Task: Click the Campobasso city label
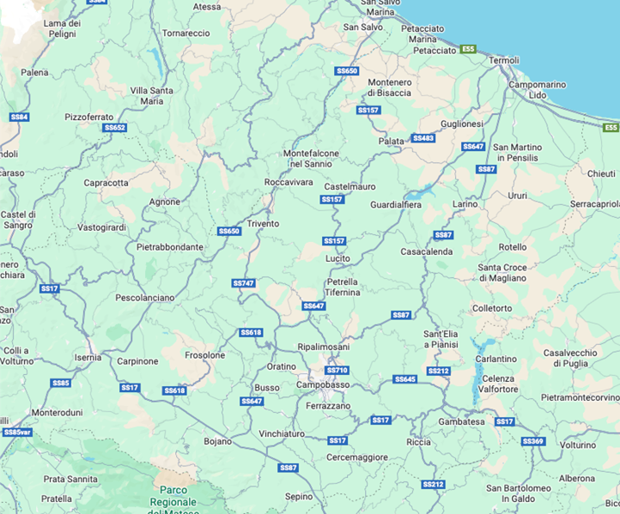[322, 385]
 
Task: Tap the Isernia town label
[88, 357]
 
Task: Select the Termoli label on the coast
[503, 60]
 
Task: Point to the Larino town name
[465, 204]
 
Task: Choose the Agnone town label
[165, 202]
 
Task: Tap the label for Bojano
[218, 441]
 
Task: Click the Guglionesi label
[462, 124]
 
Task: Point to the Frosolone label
[205, 354]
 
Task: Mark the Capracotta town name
[106, 183]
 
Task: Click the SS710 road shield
[337, 370]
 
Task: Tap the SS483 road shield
[423, 138]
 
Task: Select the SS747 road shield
[244, 282]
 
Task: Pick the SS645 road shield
[405, 378]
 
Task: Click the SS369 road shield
[533, 441]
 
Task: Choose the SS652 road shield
[115, 128]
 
